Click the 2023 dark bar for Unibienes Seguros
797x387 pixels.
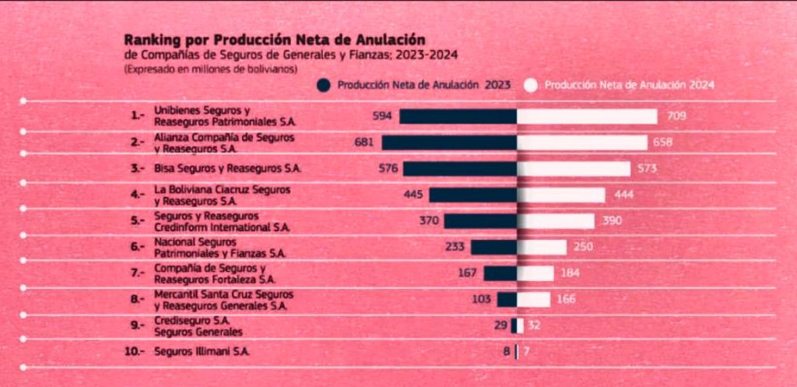(458, 116)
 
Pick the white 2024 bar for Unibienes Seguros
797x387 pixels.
(587, 116)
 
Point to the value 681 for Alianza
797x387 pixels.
(364, 142)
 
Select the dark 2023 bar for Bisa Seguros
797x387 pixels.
(460, 168)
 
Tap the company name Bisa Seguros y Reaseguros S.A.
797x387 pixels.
(227, 168)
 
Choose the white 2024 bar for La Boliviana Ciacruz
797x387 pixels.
(561, 195)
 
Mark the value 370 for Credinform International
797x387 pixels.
(429, 220)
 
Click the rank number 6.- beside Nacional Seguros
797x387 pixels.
(138, 248)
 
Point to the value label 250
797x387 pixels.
(583, 248)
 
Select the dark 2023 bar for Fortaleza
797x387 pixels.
(500, 273)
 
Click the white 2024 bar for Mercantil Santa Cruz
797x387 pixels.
(534, 299)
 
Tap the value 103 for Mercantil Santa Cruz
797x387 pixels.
(483, 299)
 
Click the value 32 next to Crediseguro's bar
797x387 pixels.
(534, 325)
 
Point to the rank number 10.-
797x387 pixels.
(135, 351)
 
